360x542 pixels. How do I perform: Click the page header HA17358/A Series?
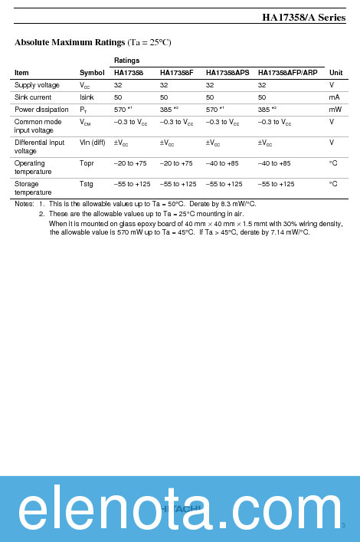pyautogui.click(x=303, y=18)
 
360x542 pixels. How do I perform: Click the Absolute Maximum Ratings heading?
pyautogui.click(x=93, y=42)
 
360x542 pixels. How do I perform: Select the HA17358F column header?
pyautogui.click(x=176, y=73)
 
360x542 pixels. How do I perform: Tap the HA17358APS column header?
pyautogui.click(x=227, y=73)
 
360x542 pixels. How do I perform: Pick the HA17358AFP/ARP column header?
pyautogui.click(x=287, y=73)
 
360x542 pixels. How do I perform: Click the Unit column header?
pyautogui.click(x=335, y=73)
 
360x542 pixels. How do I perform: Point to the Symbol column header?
pyautogui.click(x=92, y=73)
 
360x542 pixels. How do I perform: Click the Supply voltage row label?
pyautogui.click(x=37, y=85)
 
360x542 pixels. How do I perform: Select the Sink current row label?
pyautogui.click(x=32, y=97)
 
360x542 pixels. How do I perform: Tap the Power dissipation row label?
pyautogui.click(x=41, y=110)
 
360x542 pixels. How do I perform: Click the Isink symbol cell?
pyautogui.click(x=87, y=97)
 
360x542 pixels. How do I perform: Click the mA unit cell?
pyautogui.click(x=334, y=97)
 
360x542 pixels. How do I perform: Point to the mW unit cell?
pyautogui.click(x=335, y=110)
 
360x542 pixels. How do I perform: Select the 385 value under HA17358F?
pyautogui.click(x=165, y=110)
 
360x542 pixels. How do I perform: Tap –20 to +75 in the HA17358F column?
pyautogui.click(x=176, y=163)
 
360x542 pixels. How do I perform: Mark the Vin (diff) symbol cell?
pyautogui.click(x=92, y=143)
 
